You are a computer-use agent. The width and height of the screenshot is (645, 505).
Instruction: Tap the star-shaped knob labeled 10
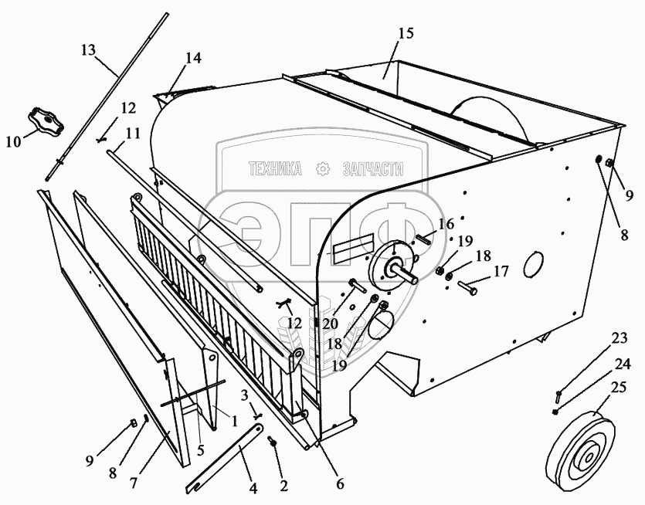(x=46, y=122)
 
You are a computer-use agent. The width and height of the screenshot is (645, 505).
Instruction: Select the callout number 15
(x=406, y=33)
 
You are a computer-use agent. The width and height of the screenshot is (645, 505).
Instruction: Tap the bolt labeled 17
(x=468, y=286)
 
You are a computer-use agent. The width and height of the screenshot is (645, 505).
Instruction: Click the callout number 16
(x=447, y=224)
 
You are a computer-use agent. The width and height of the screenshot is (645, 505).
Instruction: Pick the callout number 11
(x=133, y=133)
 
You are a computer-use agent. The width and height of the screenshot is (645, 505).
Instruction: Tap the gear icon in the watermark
(x=324, y=168)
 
